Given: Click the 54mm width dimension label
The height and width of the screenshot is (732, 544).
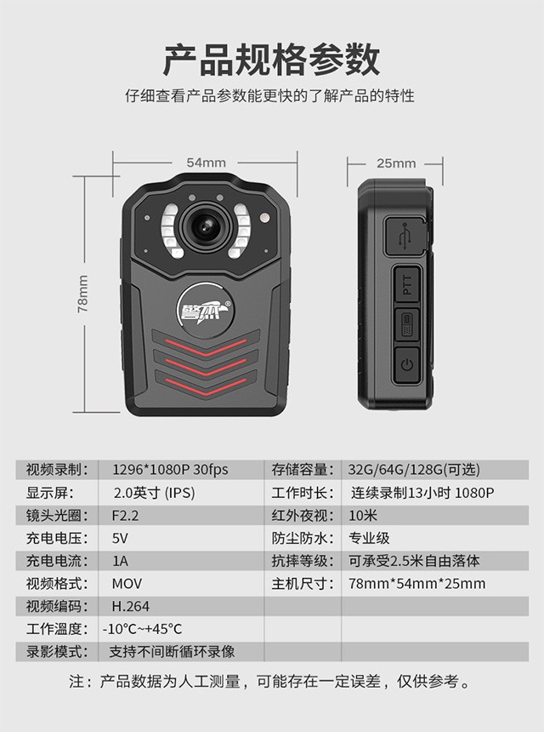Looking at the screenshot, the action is pos(206,163).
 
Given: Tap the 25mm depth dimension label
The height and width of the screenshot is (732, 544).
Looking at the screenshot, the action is pos(396,163).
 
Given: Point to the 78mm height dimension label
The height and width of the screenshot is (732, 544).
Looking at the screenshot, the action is pos(82,294).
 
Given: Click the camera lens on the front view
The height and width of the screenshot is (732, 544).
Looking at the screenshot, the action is pos(206,226).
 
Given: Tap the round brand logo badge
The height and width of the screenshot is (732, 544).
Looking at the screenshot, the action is pos(205,310).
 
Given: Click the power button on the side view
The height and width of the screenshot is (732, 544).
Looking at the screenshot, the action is pos(407,364).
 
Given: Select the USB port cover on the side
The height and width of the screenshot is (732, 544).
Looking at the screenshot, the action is pos(406,237).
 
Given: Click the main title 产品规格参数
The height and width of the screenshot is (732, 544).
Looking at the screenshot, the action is pos(272,60).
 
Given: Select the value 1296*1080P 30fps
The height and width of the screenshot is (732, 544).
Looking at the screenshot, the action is pos(171,470).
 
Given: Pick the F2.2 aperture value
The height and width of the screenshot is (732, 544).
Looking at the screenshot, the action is pos(126,516).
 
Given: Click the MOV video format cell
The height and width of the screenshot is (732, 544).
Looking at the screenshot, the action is pos(127,584).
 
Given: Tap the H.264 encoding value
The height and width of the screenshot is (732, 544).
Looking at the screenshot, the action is pos(131,606).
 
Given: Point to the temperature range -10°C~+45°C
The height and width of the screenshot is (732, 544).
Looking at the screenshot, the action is pos(142,629).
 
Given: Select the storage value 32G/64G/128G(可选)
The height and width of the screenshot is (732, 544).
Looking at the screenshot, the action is pos(414,470).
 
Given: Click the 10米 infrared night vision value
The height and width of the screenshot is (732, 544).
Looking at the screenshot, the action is pos(363,516).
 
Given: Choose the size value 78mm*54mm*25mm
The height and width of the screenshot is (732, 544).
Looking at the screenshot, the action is pos(417,584).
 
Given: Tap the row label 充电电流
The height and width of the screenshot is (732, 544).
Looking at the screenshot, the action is pos(57,561).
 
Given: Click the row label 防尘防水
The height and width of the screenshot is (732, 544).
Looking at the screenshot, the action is pos(303,538).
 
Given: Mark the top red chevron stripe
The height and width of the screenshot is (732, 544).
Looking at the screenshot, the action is pos(206,347).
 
